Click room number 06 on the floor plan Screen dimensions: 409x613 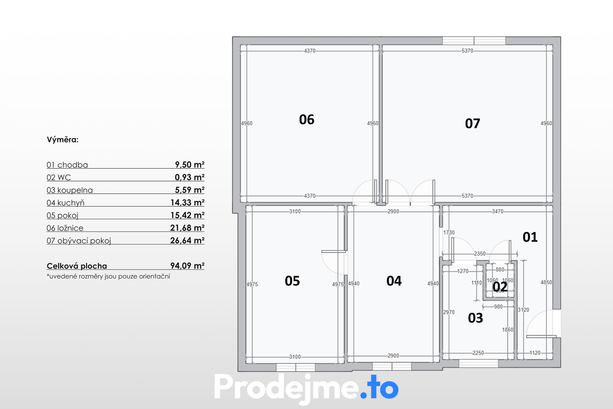coord(306,120)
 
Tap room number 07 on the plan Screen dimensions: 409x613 coord(473,123)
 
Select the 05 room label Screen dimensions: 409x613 coord(292,281)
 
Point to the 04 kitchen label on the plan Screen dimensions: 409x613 coord(394,281)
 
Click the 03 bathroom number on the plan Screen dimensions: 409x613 coord(475,318)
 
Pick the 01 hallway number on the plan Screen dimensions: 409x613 coord(530,237)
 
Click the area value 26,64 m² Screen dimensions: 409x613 coord(187,240)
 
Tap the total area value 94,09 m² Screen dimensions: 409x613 coord(187,266)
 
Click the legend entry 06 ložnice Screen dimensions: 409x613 coord(65,228)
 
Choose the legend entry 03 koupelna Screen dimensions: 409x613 coord(70,190)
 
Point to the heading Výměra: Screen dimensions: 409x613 coord(63,140)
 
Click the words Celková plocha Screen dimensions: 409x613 coord(77,266)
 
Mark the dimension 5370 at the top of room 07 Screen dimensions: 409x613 coord(467,51)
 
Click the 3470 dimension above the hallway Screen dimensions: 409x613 coord(497,211)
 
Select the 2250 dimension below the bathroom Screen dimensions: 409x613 coord(478,353)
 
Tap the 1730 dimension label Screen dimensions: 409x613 coord(449,233)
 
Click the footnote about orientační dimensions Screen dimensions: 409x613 coord(108,276)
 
